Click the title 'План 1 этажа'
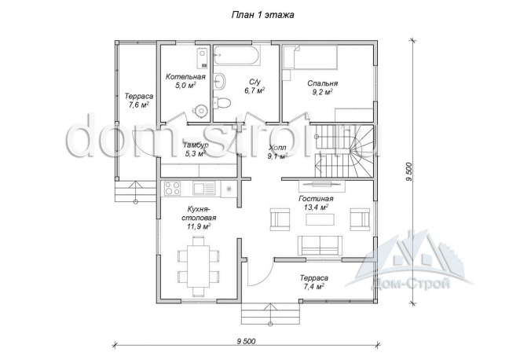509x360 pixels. click(262, 15)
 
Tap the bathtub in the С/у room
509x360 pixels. click(236, 56)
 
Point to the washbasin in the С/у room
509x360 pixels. click(220, 80)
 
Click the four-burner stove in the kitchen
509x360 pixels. click(172, 189)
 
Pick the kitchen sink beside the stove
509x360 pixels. click(204, 189)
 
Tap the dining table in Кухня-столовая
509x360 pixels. click(198, 266)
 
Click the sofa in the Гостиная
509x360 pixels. click(320, 245)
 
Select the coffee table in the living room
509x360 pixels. click(320, 219)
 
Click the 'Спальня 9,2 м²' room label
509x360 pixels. click(323, 88)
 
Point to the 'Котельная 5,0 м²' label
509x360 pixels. click(185, 81)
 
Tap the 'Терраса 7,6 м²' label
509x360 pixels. click(138, 101)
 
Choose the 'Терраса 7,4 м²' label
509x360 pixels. click(314, 282)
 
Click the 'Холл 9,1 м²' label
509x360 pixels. click(278, 152)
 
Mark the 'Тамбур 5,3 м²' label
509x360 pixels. click(196, 149)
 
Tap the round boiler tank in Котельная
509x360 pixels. click(200, 110)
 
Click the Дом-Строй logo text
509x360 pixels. click(410, 285)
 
